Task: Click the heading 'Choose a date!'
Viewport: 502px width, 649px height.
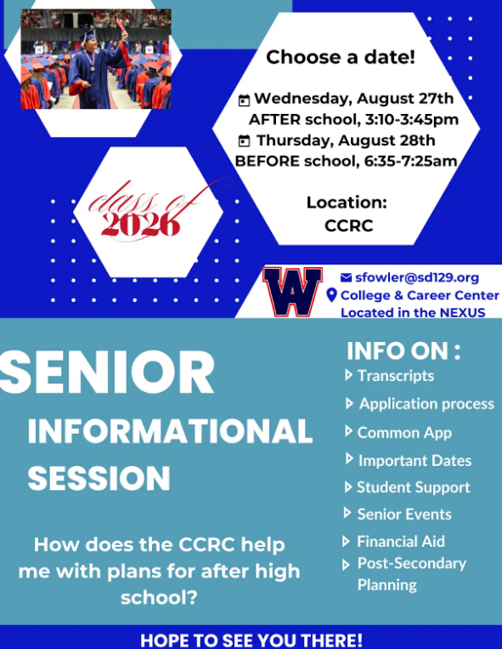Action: click(x=341, y=58)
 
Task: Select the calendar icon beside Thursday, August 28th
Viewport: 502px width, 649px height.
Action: click(x=245, y=140)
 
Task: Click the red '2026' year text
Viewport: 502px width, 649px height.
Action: click(x=141, y=224)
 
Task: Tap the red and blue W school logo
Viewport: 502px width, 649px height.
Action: click(x=292, y=291)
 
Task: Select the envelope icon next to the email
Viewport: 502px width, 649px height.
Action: click(x=346, y=277)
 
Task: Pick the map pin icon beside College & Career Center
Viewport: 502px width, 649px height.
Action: click(x=332, y=295)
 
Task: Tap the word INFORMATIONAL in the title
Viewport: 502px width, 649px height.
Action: click(x=170, y=431)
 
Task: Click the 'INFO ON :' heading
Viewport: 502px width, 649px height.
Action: click(x=403, y=350)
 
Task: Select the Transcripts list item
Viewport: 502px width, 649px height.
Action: click(x=395, y=375)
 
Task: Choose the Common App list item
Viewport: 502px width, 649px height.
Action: click(x=404, y=432)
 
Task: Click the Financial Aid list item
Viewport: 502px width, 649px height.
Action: click(x=400, y=541)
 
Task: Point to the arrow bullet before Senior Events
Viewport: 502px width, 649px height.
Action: click(x=348, y=513)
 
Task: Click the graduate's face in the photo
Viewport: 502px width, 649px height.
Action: click(x=91, y=43)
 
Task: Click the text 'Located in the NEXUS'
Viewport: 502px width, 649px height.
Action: click(x=413, y=312)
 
